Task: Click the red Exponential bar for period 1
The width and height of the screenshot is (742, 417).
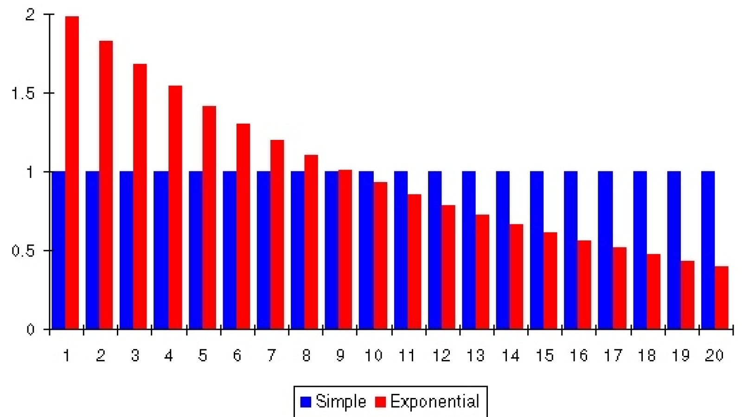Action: click(x=72, y=172)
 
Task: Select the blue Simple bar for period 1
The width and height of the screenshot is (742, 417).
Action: click(x=58, y=250)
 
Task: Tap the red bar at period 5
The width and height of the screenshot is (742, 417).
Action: click(x=209, y=217)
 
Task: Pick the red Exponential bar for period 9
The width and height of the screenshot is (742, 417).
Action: click(x=345, y=250)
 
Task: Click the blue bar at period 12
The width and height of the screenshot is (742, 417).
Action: click(x=435, y=250)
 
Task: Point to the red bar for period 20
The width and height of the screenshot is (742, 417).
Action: click(x=722, y=297)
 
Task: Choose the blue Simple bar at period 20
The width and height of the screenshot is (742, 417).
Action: click(x=708, y=250)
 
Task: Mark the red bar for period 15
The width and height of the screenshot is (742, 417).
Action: click(x=550, y=281)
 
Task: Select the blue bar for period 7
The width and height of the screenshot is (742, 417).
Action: click(x=264, y=250)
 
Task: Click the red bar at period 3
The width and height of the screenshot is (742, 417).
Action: click(x=140, y=196)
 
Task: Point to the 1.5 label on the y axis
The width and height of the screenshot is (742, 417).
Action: click(x=23, y=93)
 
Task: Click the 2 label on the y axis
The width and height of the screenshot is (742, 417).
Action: click(x=30, y=14)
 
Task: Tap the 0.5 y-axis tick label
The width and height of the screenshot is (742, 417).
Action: click(x=23, y=251)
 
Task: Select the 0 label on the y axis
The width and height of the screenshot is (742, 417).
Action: click(x=30, y=329)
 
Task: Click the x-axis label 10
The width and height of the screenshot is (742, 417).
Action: click(x=374, y=355)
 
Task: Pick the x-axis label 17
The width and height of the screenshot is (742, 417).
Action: click(x=613, y=355)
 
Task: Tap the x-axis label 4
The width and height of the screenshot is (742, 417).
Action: click(x=169, y=355)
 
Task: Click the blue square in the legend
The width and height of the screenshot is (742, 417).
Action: click(x=306, y=402)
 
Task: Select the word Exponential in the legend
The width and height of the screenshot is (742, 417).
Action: click(x=435, y=402)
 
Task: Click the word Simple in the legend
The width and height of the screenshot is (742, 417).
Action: click(x=341, y=402)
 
